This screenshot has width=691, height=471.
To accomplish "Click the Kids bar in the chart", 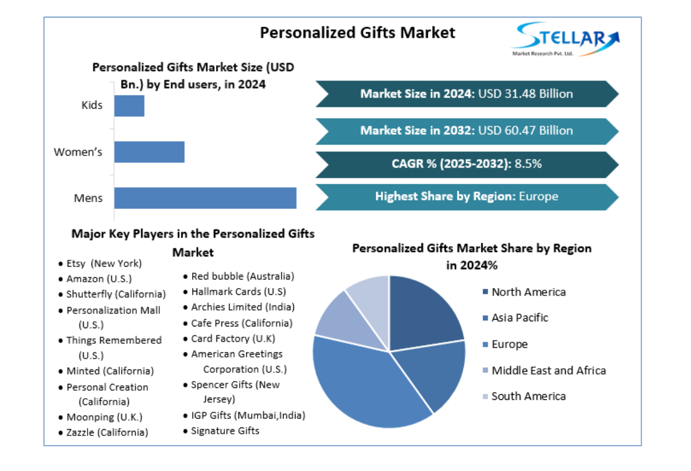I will coord(129,106).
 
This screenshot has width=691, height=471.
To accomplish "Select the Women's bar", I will coord(149,152).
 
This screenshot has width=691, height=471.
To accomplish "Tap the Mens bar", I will coord(205,198).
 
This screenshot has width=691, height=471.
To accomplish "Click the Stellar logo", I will coord(566,38).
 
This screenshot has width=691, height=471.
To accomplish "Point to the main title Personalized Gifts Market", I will coord(357,33).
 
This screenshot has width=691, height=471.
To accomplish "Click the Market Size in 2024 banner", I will coord(467,94).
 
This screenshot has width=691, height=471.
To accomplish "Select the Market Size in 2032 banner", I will coord(467,130).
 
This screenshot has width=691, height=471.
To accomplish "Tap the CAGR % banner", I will coord(467,164).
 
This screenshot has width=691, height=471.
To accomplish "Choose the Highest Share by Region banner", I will coord(467,197).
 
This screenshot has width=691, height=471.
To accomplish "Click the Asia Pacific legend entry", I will coord(519,318).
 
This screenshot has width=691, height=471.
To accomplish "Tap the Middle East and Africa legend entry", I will coord(548,371).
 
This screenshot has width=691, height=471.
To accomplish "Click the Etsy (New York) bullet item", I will coord(104,263).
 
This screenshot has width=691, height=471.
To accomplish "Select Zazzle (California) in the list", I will coord(107,433).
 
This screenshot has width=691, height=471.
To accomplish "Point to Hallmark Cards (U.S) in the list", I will coord(238,291).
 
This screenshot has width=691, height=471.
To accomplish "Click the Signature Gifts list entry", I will coord(225,431).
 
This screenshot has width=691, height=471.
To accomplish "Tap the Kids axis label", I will coord(92,105).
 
